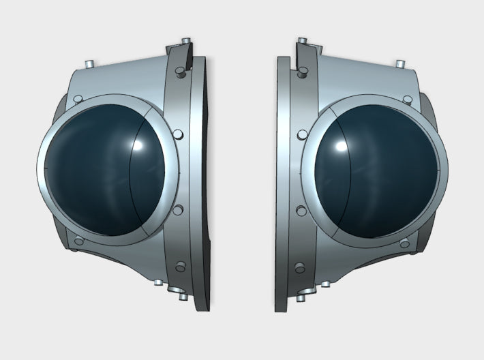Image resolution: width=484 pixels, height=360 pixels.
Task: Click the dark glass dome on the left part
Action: point(102,170)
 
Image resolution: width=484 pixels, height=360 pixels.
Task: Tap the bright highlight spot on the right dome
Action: point(339,146)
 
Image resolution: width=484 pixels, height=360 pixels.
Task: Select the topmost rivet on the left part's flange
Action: point(179,71)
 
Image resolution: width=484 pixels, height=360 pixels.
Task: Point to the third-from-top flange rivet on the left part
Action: point(179,210)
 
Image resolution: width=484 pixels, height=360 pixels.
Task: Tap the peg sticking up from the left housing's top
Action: point(89,63)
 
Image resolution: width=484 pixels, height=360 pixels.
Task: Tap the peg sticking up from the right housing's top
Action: point(399,63)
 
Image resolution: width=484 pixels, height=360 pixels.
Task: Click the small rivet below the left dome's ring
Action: point(78,241)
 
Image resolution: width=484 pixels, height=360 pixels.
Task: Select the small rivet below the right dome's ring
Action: point(404,241)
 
